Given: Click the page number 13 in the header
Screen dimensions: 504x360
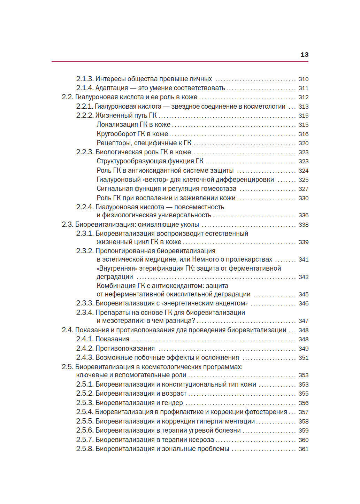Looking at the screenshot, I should coord(304,55).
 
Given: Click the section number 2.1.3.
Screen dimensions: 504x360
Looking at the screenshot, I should coord(85,79).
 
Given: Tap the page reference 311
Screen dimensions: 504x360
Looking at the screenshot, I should coord(303,88).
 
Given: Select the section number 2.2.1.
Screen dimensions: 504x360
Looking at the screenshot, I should coord(84,107).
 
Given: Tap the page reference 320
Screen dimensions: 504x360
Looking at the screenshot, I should coord(303,143).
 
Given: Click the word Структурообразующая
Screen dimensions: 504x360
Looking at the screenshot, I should coord(131,161).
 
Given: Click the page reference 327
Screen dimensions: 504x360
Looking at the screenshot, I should coord(303,189).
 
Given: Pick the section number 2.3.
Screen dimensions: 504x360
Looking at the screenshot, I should coord(67,225).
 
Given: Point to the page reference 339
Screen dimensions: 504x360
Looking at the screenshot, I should coord(303,242).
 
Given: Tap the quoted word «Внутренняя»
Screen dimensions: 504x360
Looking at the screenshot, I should coord(117,269).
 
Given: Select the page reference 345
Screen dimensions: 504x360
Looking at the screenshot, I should coord(303,294).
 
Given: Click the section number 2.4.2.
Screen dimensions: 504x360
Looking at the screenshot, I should coord(85,349).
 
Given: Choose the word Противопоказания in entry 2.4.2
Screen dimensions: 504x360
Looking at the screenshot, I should coord(125,349).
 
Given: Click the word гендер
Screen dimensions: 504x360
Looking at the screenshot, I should coord(172,403).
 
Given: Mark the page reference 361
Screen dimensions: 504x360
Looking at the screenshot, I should coord(303,449).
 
